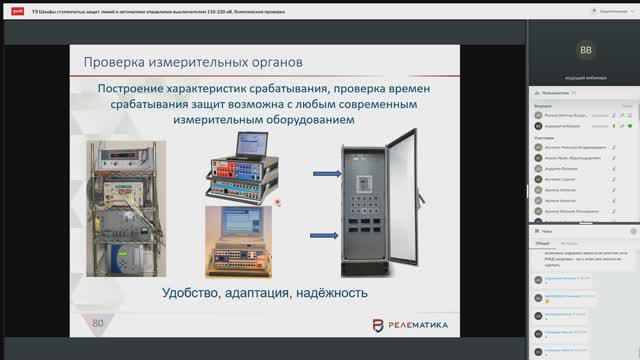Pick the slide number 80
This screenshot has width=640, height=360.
(x=98, y=323)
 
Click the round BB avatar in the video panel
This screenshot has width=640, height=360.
(x=584, y=48)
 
